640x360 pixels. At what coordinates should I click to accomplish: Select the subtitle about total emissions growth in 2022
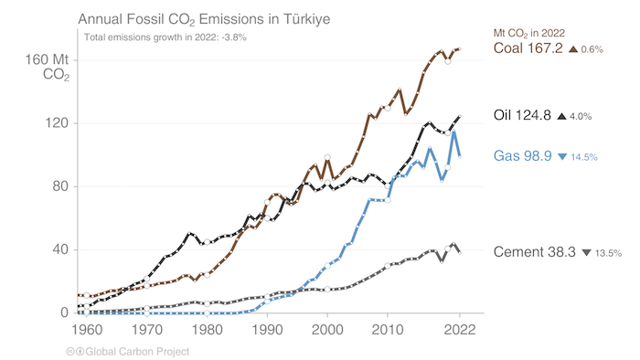(165, 37)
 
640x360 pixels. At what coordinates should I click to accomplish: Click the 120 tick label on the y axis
(58, 123)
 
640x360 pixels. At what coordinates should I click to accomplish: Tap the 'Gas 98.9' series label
(522, 156)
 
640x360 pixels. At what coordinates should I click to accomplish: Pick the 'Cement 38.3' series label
(535, 251)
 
